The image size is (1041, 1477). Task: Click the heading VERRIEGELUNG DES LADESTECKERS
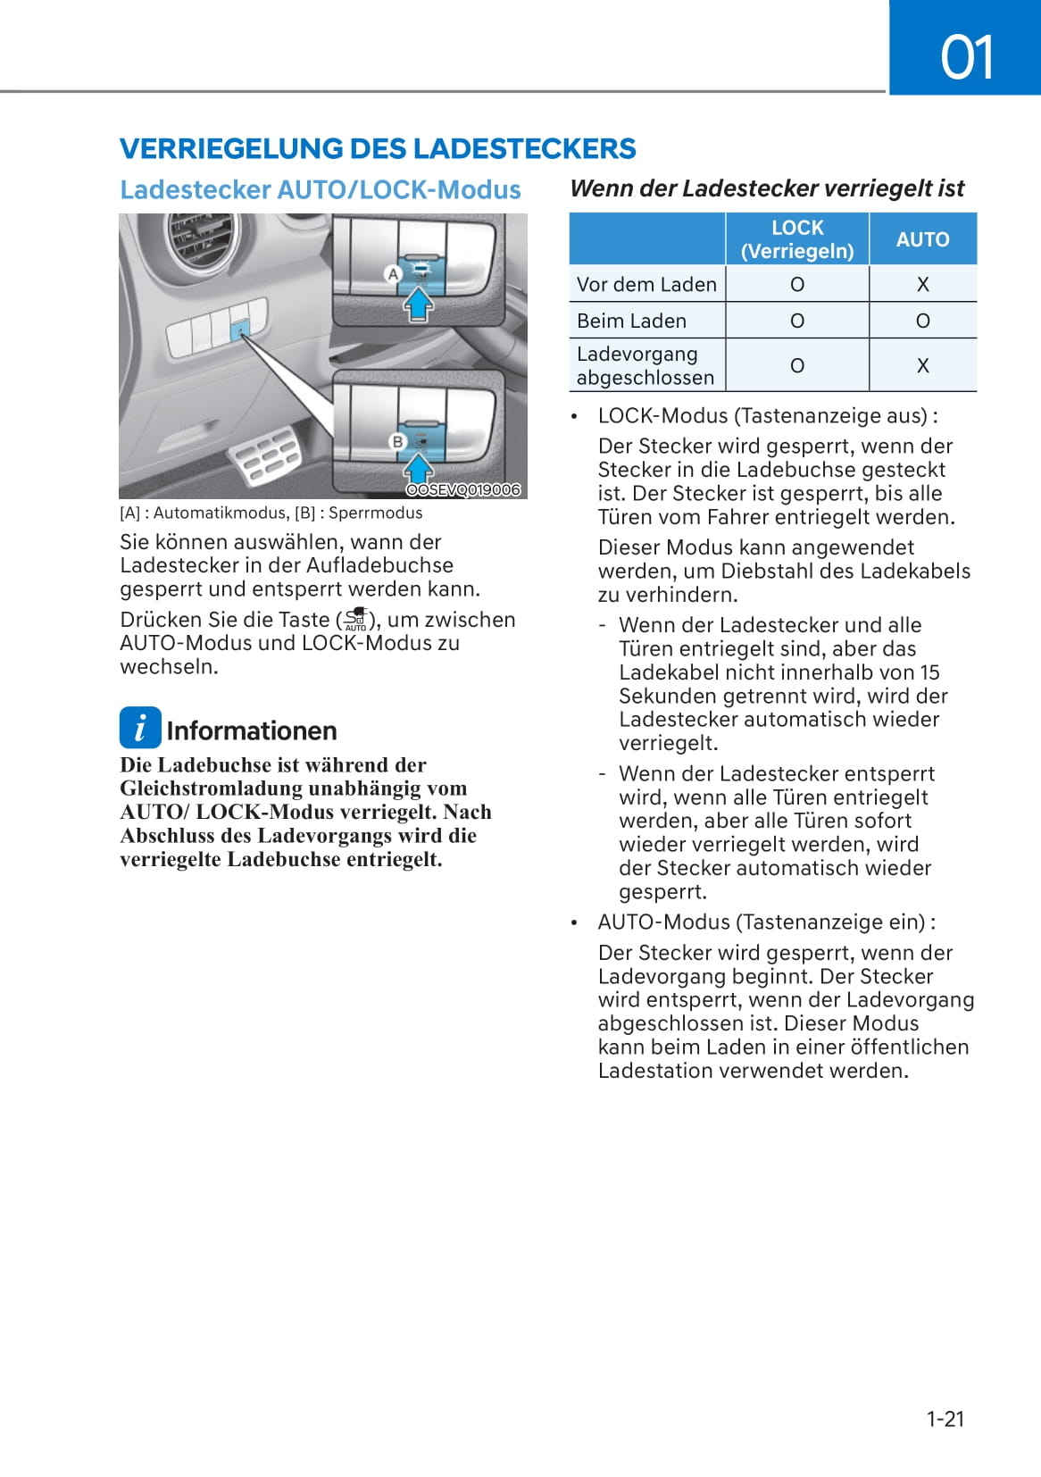378,148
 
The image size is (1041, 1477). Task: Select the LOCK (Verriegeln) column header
797,239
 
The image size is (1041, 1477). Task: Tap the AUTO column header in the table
922,239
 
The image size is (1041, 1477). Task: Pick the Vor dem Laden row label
646,284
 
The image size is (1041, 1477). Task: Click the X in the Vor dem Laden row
922,284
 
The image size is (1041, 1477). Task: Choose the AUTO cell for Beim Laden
922,321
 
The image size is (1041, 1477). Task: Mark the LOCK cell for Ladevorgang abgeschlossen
797,365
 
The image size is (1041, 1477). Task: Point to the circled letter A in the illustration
392,274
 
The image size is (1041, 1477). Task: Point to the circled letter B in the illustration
398,441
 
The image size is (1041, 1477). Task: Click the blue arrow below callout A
419,305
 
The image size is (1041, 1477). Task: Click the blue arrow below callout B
419,467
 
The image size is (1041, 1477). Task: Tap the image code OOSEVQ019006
462,489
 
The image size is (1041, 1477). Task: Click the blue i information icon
140,728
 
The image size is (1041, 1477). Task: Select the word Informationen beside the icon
252,730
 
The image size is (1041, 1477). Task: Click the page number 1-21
945,1419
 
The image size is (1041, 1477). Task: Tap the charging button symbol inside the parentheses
356,620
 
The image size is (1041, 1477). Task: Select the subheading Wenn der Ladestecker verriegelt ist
767,188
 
